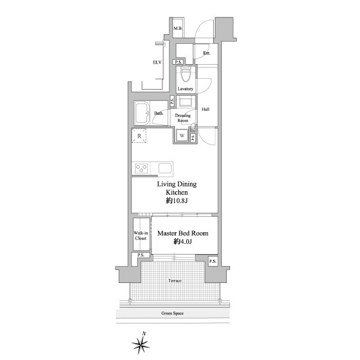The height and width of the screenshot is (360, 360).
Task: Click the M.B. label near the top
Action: (x=178, y=29)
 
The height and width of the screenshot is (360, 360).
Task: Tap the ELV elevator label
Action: (x=157, y=62)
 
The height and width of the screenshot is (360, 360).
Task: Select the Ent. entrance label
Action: (x=206, y=53)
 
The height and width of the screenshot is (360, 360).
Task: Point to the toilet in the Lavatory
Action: (x=186, y=74)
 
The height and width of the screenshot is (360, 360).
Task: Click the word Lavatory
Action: (x=185, y=89)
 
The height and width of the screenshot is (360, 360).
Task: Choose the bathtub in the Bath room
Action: (x=142, y=114)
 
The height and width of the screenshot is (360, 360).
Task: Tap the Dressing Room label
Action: (x=183, y=118)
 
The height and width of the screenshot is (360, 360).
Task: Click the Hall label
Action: (x=205, y=109)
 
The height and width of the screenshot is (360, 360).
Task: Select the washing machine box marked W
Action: (x=182, y=136)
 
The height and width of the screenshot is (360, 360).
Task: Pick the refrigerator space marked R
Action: (x=139, y=136)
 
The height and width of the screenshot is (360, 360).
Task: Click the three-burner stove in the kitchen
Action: (x=141, y=169)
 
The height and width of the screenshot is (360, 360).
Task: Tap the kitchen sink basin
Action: (x=165, y=169)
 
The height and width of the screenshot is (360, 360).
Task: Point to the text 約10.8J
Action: (x=177, y=201)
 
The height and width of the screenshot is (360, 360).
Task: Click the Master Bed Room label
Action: (x=183, y=233)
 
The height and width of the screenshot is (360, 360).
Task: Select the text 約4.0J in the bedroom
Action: (x=183, y=241)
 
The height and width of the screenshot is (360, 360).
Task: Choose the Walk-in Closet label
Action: (x=141, y=236)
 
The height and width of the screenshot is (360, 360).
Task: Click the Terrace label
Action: (x=175, y=281)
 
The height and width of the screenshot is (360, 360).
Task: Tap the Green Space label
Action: (x=173, y=313)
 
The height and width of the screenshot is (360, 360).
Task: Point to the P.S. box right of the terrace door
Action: (x=213, y=261)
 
